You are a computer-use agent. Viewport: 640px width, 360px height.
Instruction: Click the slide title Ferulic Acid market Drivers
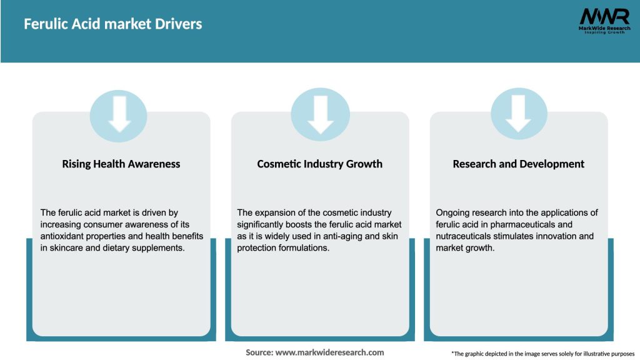point(112,24)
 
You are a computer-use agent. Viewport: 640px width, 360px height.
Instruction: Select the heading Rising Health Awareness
point(121,164)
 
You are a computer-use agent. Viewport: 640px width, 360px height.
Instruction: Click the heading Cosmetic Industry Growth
point(320,164)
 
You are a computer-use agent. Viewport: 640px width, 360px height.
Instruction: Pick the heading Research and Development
point(519,164)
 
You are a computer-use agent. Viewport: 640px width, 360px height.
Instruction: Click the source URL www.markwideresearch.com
point(331,352)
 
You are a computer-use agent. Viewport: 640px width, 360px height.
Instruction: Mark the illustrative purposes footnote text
point(542,354)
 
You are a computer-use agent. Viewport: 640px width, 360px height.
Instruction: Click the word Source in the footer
point(259,352)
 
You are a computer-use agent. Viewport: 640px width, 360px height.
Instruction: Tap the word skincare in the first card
point(67,247)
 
